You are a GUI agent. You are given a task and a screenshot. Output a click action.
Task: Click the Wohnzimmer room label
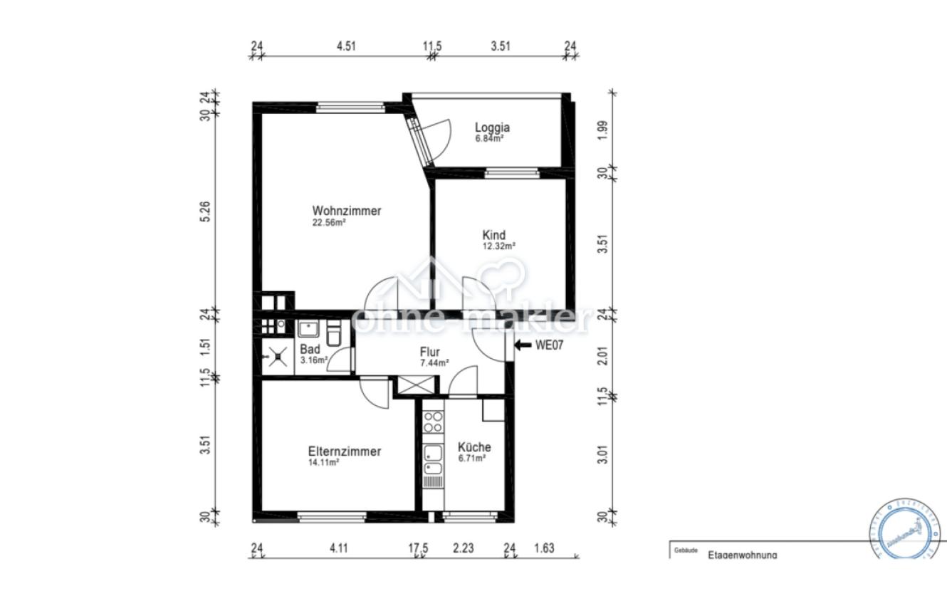347,211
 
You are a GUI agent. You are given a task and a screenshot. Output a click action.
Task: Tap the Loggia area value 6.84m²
490,139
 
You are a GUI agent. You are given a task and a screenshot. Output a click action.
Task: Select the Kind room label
494,235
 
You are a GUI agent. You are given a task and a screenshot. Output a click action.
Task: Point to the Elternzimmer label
345,451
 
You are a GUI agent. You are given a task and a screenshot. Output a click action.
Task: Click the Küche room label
474,447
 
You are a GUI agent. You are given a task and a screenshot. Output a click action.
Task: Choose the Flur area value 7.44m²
434,363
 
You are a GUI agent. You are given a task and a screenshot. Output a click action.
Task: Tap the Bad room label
310,350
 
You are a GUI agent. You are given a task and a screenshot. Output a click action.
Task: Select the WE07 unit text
549,345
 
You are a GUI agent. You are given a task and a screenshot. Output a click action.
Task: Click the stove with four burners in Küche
432,423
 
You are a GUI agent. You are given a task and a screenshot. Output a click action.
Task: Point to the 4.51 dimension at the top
346,46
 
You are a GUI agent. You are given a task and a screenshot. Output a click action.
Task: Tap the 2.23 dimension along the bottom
464,548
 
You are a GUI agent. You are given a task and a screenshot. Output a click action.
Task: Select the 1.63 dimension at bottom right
544,548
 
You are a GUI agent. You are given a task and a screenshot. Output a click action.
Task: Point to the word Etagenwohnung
742,555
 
